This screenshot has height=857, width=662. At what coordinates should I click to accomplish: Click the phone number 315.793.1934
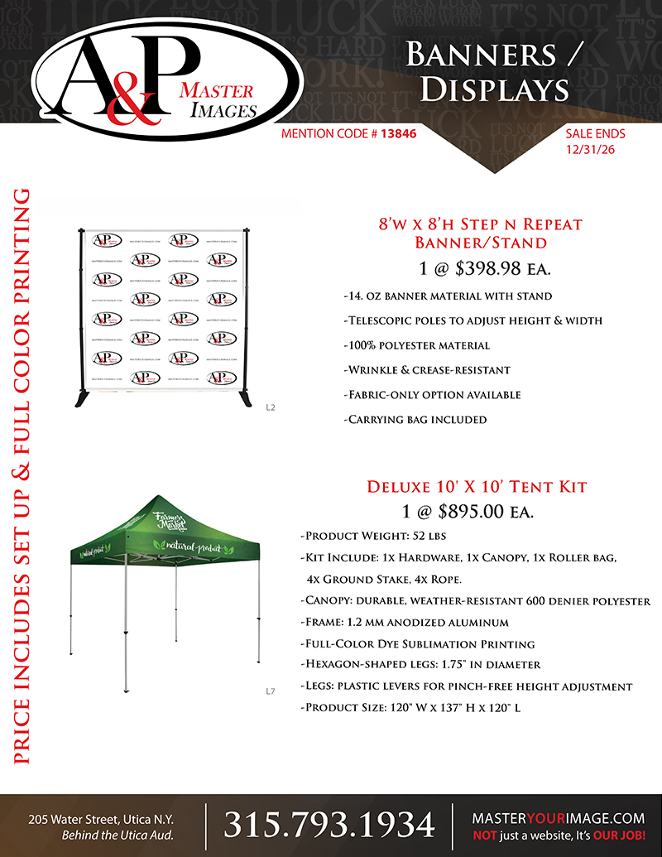coord(329,825)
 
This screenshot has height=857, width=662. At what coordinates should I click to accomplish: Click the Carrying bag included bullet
coord(415,420)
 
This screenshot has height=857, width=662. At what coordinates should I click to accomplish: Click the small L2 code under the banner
coord(270,407)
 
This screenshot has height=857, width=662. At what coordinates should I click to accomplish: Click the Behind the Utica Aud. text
coord(118,834)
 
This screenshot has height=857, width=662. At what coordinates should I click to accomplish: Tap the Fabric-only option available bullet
coord(432,395)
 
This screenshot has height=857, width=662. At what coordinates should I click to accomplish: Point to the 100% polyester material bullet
coord(416,345)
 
